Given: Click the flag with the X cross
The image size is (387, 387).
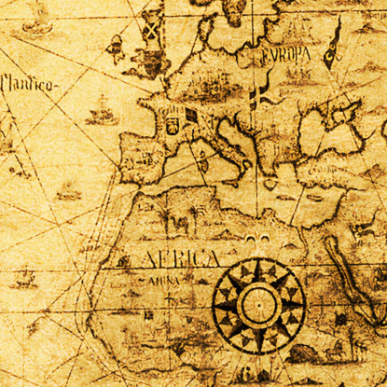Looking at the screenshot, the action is [150, 28].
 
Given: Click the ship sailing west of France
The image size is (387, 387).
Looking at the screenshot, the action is [102, 114].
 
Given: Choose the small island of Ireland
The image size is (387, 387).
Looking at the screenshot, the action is [117, 47].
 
